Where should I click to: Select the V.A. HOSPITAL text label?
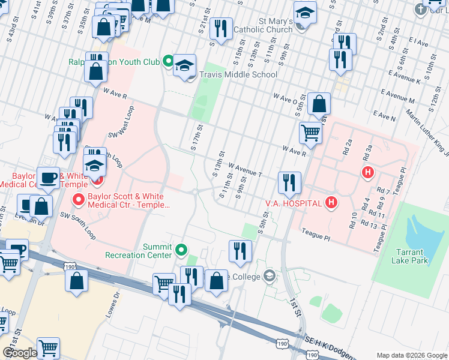tap(294, 203)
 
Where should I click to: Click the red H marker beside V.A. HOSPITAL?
tap(331, 203)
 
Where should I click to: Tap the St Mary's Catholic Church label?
tap(267, 25)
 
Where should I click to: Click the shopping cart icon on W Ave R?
tap(310, 132)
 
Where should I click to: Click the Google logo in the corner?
tap(20, 353)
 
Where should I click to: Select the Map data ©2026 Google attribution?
tap(411, 355)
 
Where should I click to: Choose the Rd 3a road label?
tap(367, 151)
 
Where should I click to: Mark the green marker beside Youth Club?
tap(169, 61)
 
